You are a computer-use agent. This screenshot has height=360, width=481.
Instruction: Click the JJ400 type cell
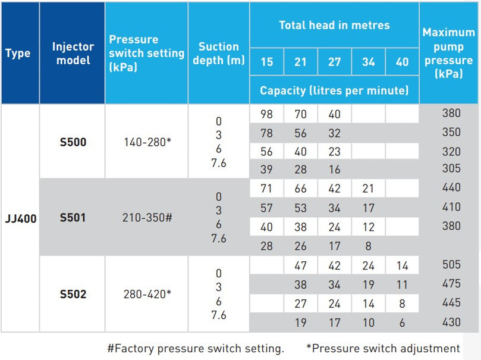click(x=20, y=218)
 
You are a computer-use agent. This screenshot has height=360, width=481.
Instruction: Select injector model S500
click(x=73, y=142)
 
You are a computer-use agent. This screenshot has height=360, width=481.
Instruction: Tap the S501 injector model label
click(x=73, y=218)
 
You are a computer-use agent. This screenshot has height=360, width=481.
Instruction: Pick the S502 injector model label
click(x=73, y=294)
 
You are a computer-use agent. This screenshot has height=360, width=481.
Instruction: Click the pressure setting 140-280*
click(x=146, y=142)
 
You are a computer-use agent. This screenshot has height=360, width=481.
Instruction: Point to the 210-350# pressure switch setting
click(x=146, y=218)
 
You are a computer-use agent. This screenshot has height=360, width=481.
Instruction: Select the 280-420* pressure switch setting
click(x=146, y=294)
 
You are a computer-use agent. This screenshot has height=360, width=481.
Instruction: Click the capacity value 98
click(x=266, y=114)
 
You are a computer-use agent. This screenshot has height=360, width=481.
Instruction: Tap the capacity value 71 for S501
click(x=266, y=189)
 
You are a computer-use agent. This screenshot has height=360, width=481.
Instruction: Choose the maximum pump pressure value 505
click(x=451, y=265)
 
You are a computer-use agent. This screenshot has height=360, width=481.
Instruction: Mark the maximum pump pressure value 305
click(x=451, y=168)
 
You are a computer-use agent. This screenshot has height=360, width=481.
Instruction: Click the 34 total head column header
click(x=368, y=62)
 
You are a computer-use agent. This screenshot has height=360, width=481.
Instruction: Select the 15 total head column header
click(x=266, y=62)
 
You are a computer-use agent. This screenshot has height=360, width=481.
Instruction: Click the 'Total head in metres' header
click(x=334, y=25)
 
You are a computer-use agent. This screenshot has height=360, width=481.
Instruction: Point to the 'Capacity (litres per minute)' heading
click(x=334, y=90)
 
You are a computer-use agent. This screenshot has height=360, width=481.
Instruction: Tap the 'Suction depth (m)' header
click(x=218, y=53)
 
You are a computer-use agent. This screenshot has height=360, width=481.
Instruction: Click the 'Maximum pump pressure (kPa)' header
click(x=448, y=53)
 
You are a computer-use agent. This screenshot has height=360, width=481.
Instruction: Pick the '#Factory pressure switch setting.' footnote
click(x=196, y=348)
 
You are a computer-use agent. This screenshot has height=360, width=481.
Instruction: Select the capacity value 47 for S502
click(x=300, y=265)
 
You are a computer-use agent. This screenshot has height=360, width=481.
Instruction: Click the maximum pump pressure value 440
click(x=451, y=187)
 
